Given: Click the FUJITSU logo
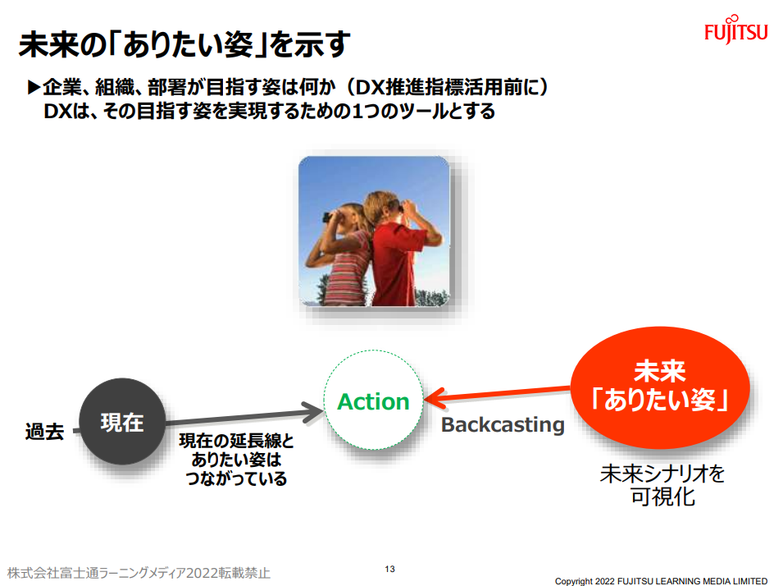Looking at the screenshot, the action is pos(735,30).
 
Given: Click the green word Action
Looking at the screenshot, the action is pos(374,402).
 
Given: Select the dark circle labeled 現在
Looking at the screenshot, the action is pos(122,422).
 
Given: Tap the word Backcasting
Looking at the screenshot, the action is pos(503,425).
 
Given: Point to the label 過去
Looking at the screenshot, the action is pos(44,431).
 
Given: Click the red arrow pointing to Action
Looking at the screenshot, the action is pos(498,394).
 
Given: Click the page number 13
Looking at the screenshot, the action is pos(389,569).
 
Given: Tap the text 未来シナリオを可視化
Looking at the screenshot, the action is pos(662,485).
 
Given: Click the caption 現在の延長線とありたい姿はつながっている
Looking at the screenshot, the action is pos(236,460).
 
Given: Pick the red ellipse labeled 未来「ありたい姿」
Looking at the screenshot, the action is pos(660,387).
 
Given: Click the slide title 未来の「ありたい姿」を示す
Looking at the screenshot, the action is pos(184,44).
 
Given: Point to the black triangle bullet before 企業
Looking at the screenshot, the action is pos(34,88).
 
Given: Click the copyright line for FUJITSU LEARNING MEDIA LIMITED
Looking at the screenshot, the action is pos(661,581).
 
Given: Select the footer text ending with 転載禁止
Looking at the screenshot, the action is pos(139,573).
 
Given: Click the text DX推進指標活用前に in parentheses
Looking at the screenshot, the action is pos(448,88).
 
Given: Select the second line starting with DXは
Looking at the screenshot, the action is pos(269,111).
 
